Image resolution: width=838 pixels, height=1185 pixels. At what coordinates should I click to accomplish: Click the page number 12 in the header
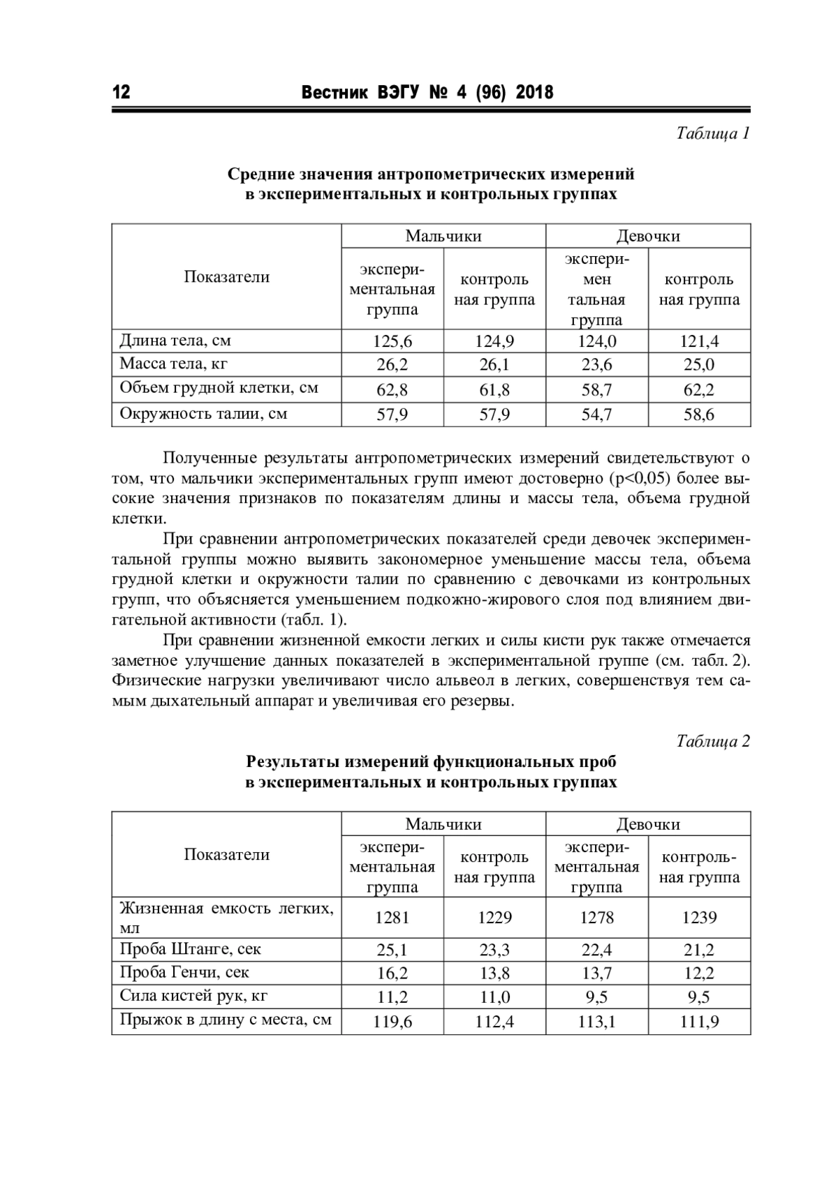(121, 92)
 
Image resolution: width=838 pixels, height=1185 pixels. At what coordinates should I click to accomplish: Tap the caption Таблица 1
(712, 133)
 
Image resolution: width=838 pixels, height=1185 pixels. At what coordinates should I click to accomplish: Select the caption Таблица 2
(712, 741)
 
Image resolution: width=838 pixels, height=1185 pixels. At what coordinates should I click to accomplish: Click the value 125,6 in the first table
(392, 341)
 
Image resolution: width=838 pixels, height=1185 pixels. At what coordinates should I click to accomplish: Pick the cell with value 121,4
(699, 341)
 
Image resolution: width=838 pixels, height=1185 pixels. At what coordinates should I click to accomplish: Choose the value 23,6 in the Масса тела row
(597, 365)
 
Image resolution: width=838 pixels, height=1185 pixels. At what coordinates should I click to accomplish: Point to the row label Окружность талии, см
(203, 414)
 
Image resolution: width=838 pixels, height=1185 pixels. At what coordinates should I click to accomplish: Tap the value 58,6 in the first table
(699, 415)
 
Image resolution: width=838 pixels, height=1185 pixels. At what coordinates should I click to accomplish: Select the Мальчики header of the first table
(443, 236)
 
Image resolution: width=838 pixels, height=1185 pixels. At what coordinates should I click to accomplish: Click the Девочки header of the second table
(648, 824)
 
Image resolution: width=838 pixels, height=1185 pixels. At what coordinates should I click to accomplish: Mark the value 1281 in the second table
(392, 918)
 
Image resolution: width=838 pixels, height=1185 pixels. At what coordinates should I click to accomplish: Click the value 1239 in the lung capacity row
(699, 918)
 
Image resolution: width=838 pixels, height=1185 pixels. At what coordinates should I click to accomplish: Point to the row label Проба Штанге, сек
(190, 949)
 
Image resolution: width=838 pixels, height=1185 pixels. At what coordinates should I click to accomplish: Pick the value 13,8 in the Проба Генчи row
(494, 974)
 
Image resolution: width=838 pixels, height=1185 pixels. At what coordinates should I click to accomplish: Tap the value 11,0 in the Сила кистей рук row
(494, 997)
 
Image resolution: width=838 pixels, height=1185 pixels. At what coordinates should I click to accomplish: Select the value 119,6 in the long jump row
(392, 1022)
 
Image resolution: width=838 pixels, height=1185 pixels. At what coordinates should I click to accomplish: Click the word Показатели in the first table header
(226, 277)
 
